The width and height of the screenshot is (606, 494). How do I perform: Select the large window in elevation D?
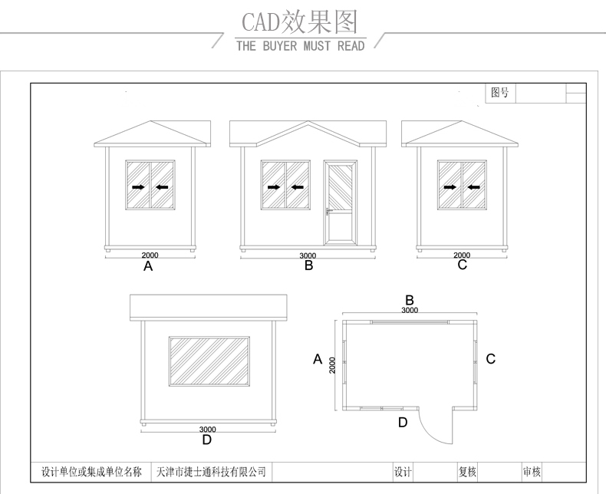(x=209, y=361)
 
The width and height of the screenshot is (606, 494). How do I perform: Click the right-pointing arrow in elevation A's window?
(x=138, y=186)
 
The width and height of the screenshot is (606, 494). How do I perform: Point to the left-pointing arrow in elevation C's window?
(x=473, y=186)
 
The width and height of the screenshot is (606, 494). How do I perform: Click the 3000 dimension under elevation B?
(x=308, y=255)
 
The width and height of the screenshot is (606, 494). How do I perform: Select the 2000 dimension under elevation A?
(x=150, y=255)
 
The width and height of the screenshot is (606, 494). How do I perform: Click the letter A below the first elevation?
(x=149, y=267)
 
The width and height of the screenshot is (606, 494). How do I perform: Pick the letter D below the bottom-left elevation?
(x=206, y=440)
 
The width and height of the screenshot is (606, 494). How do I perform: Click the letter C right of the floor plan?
(x=491, y=358)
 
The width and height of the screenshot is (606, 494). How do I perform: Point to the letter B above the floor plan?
(x=410, y=300)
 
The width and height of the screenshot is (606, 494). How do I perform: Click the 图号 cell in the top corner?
(x=500, y=93)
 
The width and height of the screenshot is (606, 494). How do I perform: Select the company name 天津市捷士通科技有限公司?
(x=211, y=472)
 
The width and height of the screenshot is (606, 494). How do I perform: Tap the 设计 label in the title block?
(x=403, y=472)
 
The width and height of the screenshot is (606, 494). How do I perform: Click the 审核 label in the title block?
(x=532, y=472)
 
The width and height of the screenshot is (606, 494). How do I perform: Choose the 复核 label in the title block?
(x=467, y=472)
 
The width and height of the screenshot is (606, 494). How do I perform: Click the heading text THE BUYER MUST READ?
(x=301, y=46)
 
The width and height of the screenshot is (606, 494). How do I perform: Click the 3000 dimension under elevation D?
(x=207, y=430)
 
